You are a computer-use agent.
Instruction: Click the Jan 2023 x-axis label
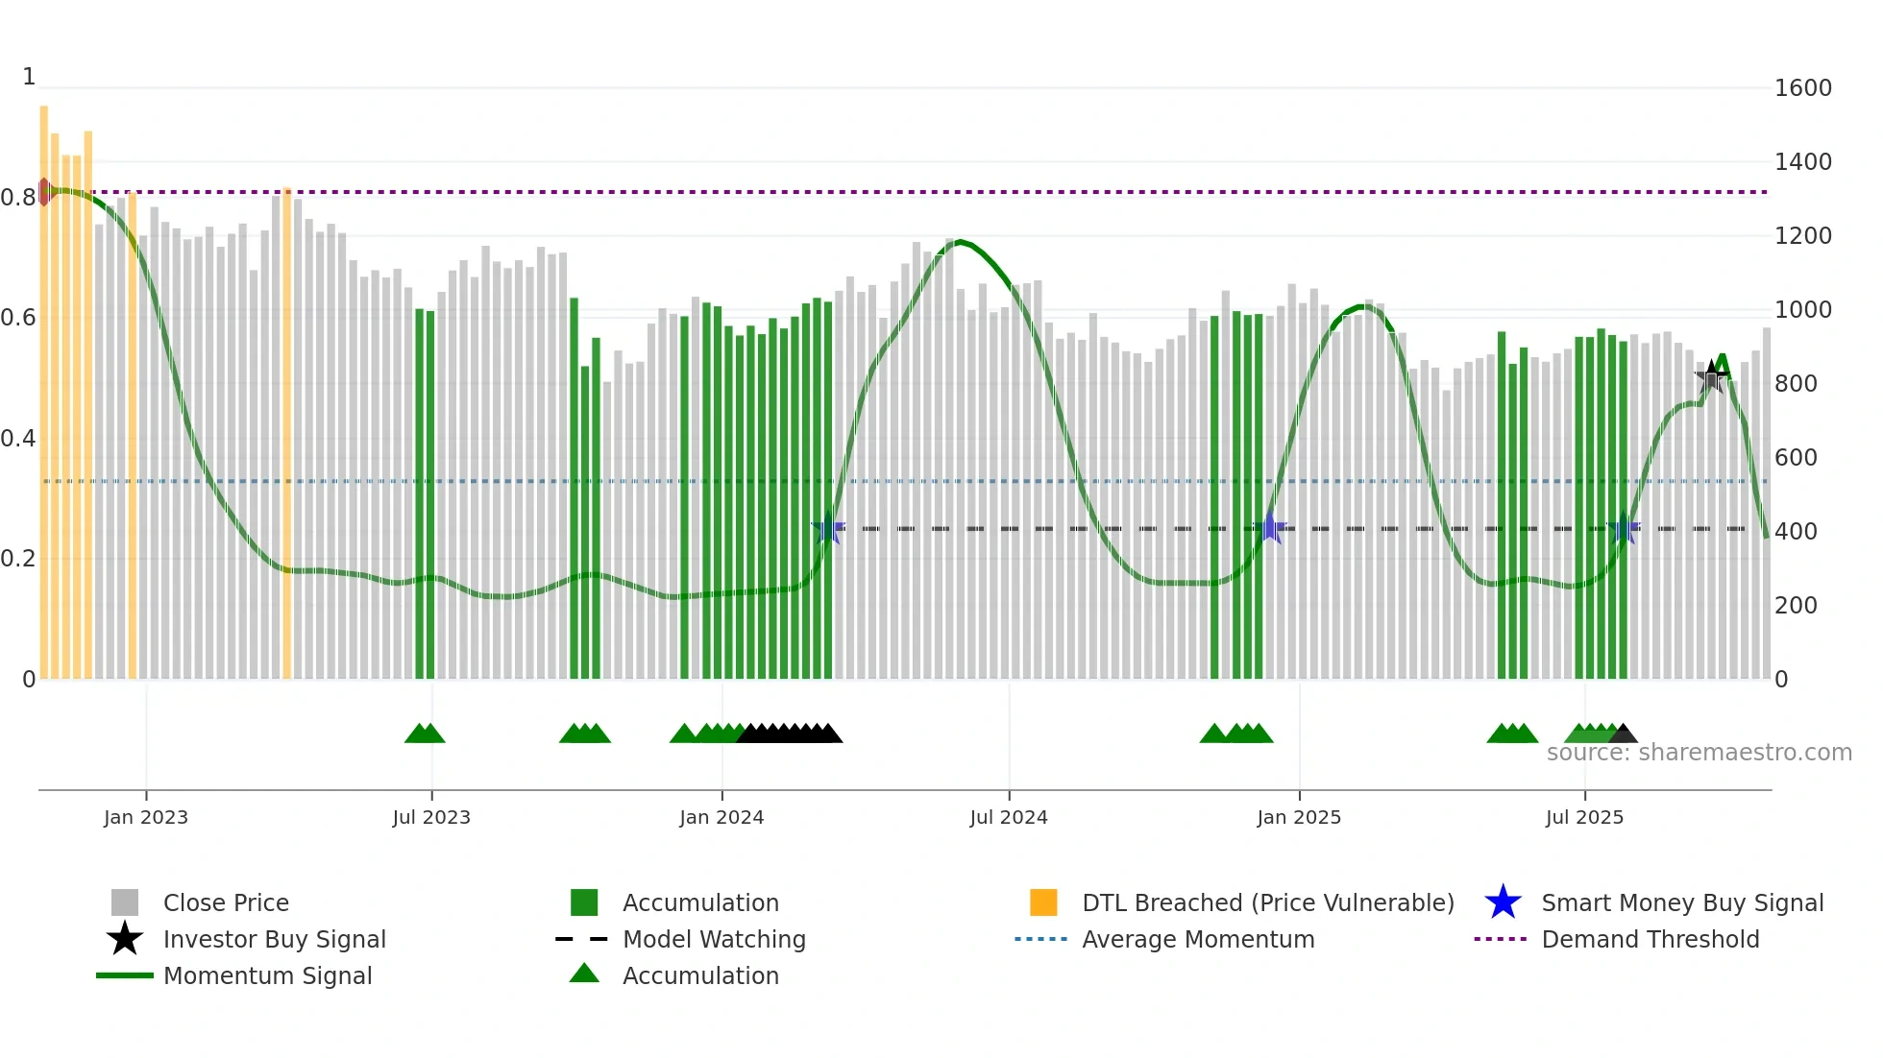pos(146,817)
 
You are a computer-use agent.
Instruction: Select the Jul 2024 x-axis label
pos(1009,817)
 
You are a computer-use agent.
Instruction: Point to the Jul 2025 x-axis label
pos(1584,817)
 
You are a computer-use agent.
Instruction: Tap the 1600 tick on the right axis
pos(1803,88)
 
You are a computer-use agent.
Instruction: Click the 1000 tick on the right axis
pos(1803,310)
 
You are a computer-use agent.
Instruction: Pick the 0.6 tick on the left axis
pos(18,318)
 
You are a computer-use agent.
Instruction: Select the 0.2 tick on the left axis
pos(18,559)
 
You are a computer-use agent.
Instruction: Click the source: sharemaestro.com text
pos(1699,753)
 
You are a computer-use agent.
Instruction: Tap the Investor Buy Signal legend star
pos(125,939)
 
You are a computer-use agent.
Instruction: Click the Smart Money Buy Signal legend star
pos(1503,902)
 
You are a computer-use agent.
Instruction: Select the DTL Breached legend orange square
pos(1043,902)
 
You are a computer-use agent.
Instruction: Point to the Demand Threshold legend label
pos(1650,939)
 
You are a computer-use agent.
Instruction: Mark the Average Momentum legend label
pos(1198,939)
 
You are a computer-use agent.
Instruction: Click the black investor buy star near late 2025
pos(1711,375)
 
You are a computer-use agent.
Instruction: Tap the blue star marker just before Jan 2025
pos(1270,528)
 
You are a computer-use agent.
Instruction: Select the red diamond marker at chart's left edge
pos(44,191)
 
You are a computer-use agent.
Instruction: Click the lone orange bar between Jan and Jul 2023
pos(286,432)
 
